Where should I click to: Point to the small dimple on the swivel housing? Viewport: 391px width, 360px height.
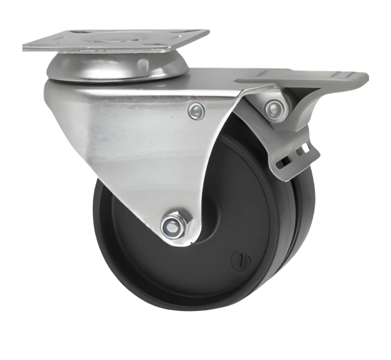pyautogui.click(x=142, y=64)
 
